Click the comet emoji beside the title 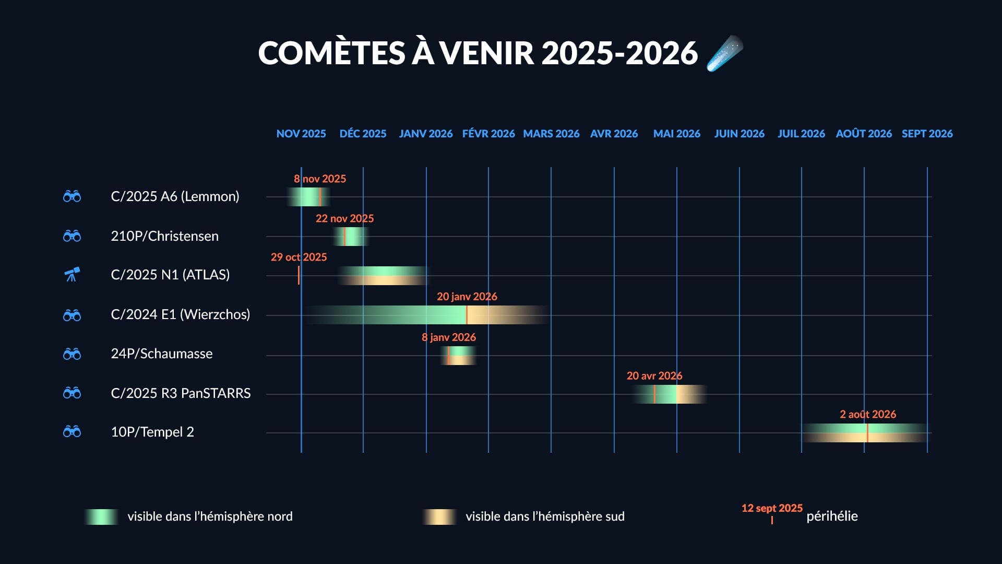tap(724, 53)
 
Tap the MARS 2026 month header tap(551, 134)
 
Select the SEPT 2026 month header tap(927, 134)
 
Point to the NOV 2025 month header tap(301, 134)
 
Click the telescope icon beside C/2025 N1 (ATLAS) tap(72, 274)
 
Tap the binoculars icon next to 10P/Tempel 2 tap(72, 432)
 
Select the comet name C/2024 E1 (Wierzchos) tap(180, 314)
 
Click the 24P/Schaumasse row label tap(161, 354)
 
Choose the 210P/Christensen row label tap(164, 236)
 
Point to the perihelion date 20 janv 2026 tap(467, 297)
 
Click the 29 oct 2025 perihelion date tap(299, 257)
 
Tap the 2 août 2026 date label tap(867, 414)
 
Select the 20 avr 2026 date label tap(654, 375)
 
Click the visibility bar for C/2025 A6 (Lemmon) tap(308, 197)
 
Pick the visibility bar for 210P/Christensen tap(351, 237)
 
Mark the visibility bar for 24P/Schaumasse tap(458, 356)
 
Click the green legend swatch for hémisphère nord tap(101, 516)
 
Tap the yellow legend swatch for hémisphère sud tap(439, 516)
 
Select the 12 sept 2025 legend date tap(771, 508)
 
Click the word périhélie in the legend tap(832, 516)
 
